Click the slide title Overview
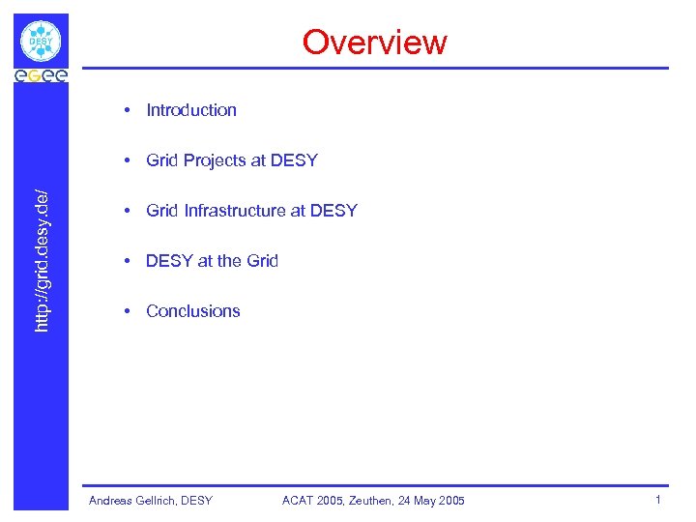point(374,43)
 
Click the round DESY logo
point(41,42)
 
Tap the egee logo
point(41,75)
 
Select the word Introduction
point(191,110)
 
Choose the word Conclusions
point(193,311)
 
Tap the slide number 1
point(657,500)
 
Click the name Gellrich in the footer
point(156,500)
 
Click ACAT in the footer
point(299,500)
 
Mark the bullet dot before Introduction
point(128,110)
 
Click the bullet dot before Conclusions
point(128,311)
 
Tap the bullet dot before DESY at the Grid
point(128,261)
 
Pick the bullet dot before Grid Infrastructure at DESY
point(128,211)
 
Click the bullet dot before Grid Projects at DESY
point(128,160)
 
